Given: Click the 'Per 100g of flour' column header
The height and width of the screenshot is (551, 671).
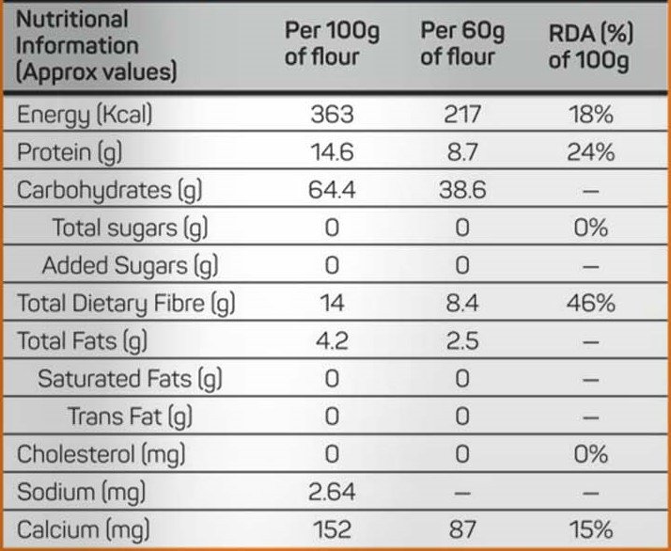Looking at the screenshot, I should (332, 44).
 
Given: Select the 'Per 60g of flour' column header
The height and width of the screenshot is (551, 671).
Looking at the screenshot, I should (461, 44).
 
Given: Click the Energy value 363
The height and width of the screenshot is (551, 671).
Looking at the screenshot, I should (332, 115).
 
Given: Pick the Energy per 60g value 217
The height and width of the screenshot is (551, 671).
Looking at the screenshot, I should (461, 115).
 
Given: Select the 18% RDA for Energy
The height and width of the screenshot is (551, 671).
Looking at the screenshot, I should (591, 115).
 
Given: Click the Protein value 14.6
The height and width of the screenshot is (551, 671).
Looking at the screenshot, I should (332, 152).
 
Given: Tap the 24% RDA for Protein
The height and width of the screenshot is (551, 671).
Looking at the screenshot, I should (591, 152).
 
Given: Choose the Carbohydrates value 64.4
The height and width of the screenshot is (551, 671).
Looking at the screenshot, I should (332, 190).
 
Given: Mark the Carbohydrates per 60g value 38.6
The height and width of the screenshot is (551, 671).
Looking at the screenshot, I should (461, 190).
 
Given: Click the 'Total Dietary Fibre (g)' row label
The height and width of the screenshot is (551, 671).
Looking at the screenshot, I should (126, 303).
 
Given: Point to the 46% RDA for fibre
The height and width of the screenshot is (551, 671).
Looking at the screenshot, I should (591, 303).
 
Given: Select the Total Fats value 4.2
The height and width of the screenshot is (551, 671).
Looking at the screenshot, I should (332, 340).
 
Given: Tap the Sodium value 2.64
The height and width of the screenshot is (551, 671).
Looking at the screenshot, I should (332, 491).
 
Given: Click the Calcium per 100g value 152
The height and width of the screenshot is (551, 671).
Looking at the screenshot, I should (332, 528).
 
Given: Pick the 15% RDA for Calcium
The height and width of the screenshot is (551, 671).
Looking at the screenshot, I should (591, 528).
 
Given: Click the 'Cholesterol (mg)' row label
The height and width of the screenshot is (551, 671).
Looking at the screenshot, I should (101, 453).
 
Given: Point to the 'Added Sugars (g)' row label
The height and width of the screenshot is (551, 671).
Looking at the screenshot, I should (130, 265).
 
